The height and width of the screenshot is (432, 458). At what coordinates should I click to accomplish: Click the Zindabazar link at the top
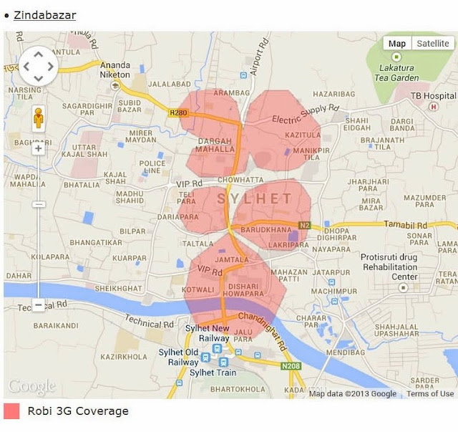point(44,14)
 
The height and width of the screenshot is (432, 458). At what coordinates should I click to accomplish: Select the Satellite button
point(433,44)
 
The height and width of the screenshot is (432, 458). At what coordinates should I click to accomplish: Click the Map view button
point(396,44)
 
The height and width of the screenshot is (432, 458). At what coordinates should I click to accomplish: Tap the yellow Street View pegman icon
point(38,118)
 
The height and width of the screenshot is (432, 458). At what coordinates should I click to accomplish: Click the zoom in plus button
point(38,148)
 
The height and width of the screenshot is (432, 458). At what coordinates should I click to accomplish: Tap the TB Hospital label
point(433,95)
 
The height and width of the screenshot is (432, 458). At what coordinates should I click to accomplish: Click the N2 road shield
point(305,225)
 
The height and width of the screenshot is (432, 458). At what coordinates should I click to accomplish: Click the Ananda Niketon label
point(115,69)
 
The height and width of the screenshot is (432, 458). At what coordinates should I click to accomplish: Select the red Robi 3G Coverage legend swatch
point(11,411)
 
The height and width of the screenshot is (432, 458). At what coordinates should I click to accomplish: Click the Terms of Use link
point(430,393)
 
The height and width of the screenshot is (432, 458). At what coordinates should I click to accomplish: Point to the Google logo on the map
point(31,387)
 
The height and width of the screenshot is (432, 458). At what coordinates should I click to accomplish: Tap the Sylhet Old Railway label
point(182,357)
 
